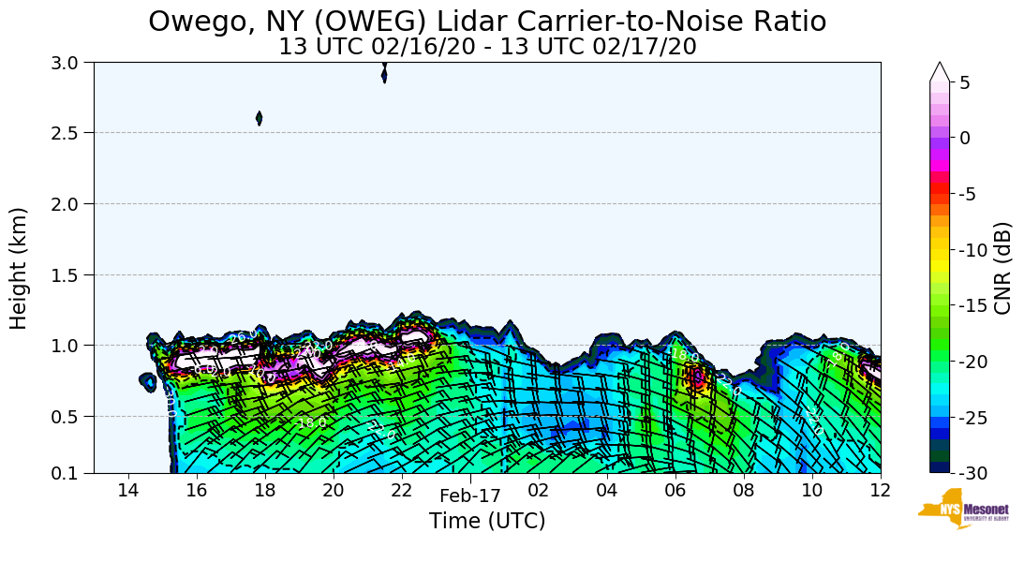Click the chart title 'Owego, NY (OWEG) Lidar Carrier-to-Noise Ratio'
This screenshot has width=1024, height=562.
tap(487, 21)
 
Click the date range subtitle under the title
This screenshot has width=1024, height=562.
tap(487, 46)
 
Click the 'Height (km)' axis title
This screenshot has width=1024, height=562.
tap(19, 268)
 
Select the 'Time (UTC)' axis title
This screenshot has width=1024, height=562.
tap(487, 521)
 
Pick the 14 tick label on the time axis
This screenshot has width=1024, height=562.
tap(128, 490)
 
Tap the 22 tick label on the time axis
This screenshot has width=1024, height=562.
tap(401, 490)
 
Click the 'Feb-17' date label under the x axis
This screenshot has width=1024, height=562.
tap(470, 496)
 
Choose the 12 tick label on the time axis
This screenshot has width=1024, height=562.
tap(880, 490)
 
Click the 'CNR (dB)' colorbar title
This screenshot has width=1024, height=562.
tap(1003, 268)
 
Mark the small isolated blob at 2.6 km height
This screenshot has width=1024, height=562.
tap(259, 118)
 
